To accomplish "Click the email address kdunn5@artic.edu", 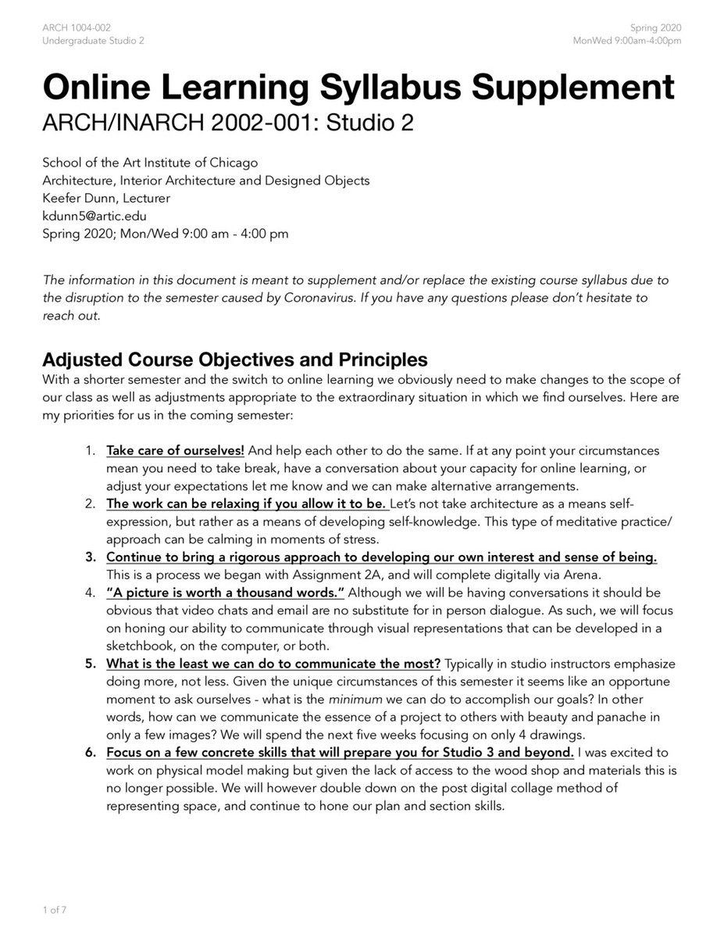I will point(95,216).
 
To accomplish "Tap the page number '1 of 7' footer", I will point(55,910).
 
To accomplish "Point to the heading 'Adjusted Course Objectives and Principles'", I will point(235,360).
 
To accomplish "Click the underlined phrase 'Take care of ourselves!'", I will point(175,451).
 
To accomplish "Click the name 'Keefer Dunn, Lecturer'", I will point(105,199).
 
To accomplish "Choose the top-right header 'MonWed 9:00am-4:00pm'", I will point(626,41).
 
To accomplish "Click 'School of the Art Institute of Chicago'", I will point(150,163).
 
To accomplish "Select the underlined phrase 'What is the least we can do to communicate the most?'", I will point(273,664).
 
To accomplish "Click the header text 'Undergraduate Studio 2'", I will point(93,41).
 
